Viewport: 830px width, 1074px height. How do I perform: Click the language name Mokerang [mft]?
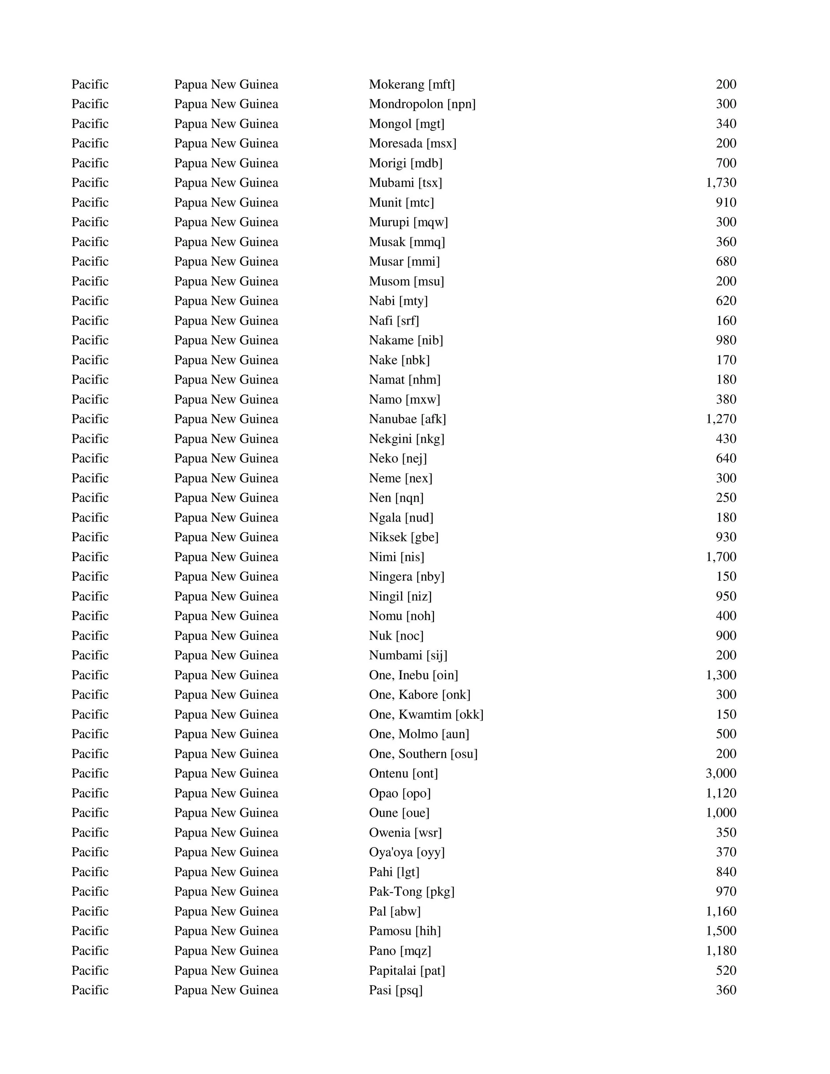(x=412, y=85)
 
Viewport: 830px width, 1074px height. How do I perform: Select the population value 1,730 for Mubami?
(x=721, y=183)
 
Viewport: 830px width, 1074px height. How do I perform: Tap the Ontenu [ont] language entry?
(x=403, y=774)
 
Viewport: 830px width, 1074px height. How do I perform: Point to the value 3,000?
(x=721, y=774)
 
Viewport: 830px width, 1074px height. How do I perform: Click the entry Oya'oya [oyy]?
(x=407, y=852)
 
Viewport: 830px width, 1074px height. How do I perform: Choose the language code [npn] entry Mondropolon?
(x=422, y=104)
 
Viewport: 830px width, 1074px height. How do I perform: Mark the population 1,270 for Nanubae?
(x=721, y=419)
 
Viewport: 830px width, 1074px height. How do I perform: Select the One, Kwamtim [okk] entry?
(x=426, y=714)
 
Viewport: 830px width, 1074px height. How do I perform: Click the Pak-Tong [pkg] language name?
(x=412, y=891)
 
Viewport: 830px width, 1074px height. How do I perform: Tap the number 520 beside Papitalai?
(x=726, y=970)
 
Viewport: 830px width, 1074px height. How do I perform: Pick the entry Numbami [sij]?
(x=408, y=655)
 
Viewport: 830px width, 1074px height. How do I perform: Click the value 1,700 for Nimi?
(x=721, y=557)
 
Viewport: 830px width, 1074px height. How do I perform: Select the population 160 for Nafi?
(x=726, y=321)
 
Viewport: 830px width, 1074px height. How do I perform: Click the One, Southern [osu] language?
(x=423, y=754)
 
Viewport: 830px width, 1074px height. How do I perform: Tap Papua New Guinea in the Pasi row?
(x=226, y=990)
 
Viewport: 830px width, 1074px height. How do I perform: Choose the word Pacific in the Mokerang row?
(x=90, y=85)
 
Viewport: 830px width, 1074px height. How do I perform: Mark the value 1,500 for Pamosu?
(x=721, y=931)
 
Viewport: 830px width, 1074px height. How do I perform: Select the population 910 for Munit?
(x=726, y=203)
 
